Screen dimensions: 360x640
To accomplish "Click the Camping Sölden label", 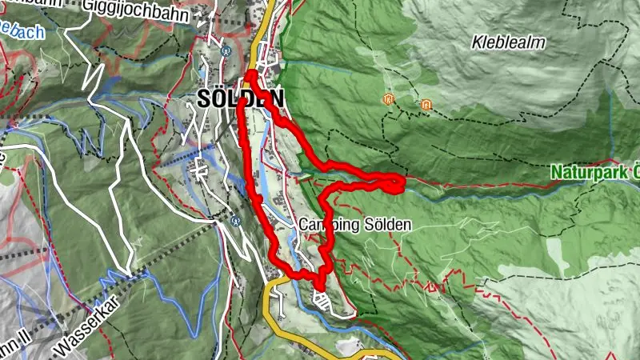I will (x=355, y=226).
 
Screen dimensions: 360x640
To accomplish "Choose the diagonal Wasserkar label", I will (x=92, y=330).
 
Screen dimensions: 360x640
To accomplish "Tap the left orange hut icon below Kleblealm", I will (x=388, y=100).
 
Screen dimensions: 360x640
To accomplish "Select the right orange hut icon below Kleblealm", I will (x=426, y=105).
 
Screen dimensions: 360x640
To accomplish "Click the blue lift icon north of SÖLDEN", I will (x=226, y=48).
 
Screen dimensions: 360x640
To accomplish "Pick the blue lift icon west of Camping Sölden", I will (x=235, y=221).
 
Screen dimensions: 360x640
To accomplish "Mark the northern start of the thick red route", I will (x=250, y=75).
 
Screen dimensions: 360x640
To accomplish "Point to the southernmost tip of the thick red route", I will (x=319, y=287).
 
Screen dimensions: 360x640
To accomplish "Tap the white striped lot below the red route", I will (x=322, y=302).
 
